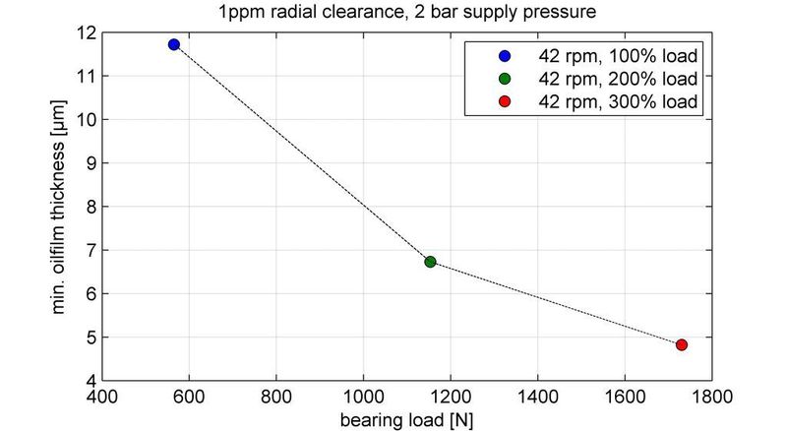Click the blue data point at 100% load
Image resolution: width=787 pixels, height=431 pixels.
click(x=174, y=44)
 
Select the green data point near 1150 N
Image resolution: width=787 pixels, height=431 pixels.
click(x=430, y=262)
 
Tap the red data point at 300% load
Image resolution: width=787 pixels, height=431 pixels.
click(x=682, y=344)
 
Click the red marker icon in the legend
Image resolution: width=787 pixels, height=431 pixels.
click(x=505, y=102)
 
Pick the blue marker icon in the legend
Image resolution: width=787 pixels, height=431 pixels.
click(x=505, y=55)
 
